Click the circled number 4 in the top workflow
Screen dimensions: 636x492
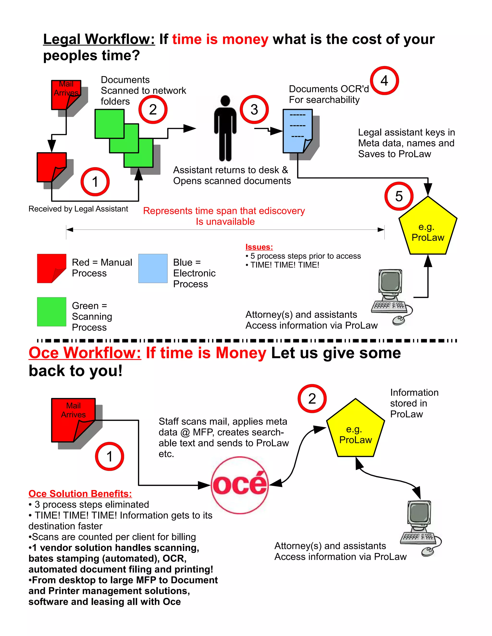384,81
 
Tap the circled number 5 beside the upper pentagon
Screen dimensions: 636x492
399,196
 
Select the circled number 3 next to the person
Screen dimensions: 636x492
254,109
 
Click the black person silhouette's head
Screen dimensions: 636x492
225,101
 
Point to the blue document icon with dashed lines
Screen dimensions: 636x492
297,131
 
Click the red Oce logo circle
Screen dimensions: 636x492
240,485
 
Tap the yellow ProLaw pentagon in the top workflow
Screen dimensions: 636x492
428,228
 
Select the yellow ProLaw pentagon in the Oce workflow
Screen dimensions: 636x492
355,430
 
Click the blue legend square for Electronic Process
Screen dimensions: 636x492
153,268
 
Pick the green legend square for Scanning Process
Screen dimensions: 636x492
52,312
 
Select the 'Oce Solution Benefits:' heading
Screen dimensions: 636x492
80,494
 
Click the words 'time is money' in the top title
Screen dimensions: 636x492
220,39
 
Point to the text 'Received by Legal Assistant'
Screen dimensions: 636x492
78,209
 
